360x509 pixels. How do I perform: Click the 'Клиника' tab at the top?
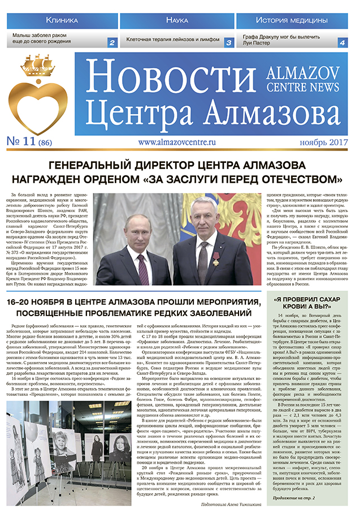pos(62,20)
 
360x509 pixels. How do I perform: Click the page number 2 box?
pos(112,42)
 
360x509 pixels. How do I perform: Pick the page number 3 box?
pos(229,42)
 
